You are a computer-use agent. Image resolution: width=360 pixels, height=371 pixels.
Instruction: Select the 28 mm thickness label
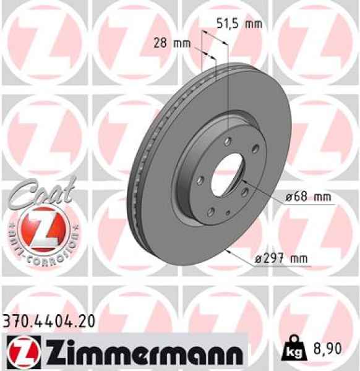(171, 43)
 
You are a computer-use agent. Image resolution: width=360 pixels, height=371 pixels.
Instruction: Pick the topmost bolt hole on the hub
(229, 141)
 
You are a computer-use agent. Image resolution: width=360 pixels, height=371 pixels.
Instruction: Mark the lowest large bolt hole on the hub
(212, 212)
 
